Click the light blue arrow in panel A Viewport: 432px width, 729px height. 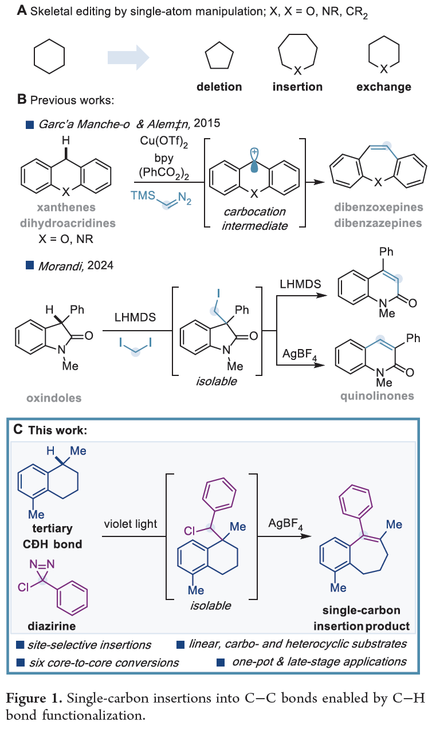[x=128, y=57]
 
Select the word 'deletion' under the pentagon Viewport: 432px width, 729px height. [x=219, y=87]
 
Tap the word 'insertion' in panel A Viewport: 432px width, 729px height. [x=297, y=87]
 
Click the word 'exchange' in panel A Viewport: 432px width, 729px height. [x=383, y=87]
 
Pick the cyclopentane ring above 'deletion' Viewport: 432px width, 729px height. [x=219, y=56]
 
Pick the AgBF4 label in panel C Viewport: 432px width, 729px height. [x=285, y=524]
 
